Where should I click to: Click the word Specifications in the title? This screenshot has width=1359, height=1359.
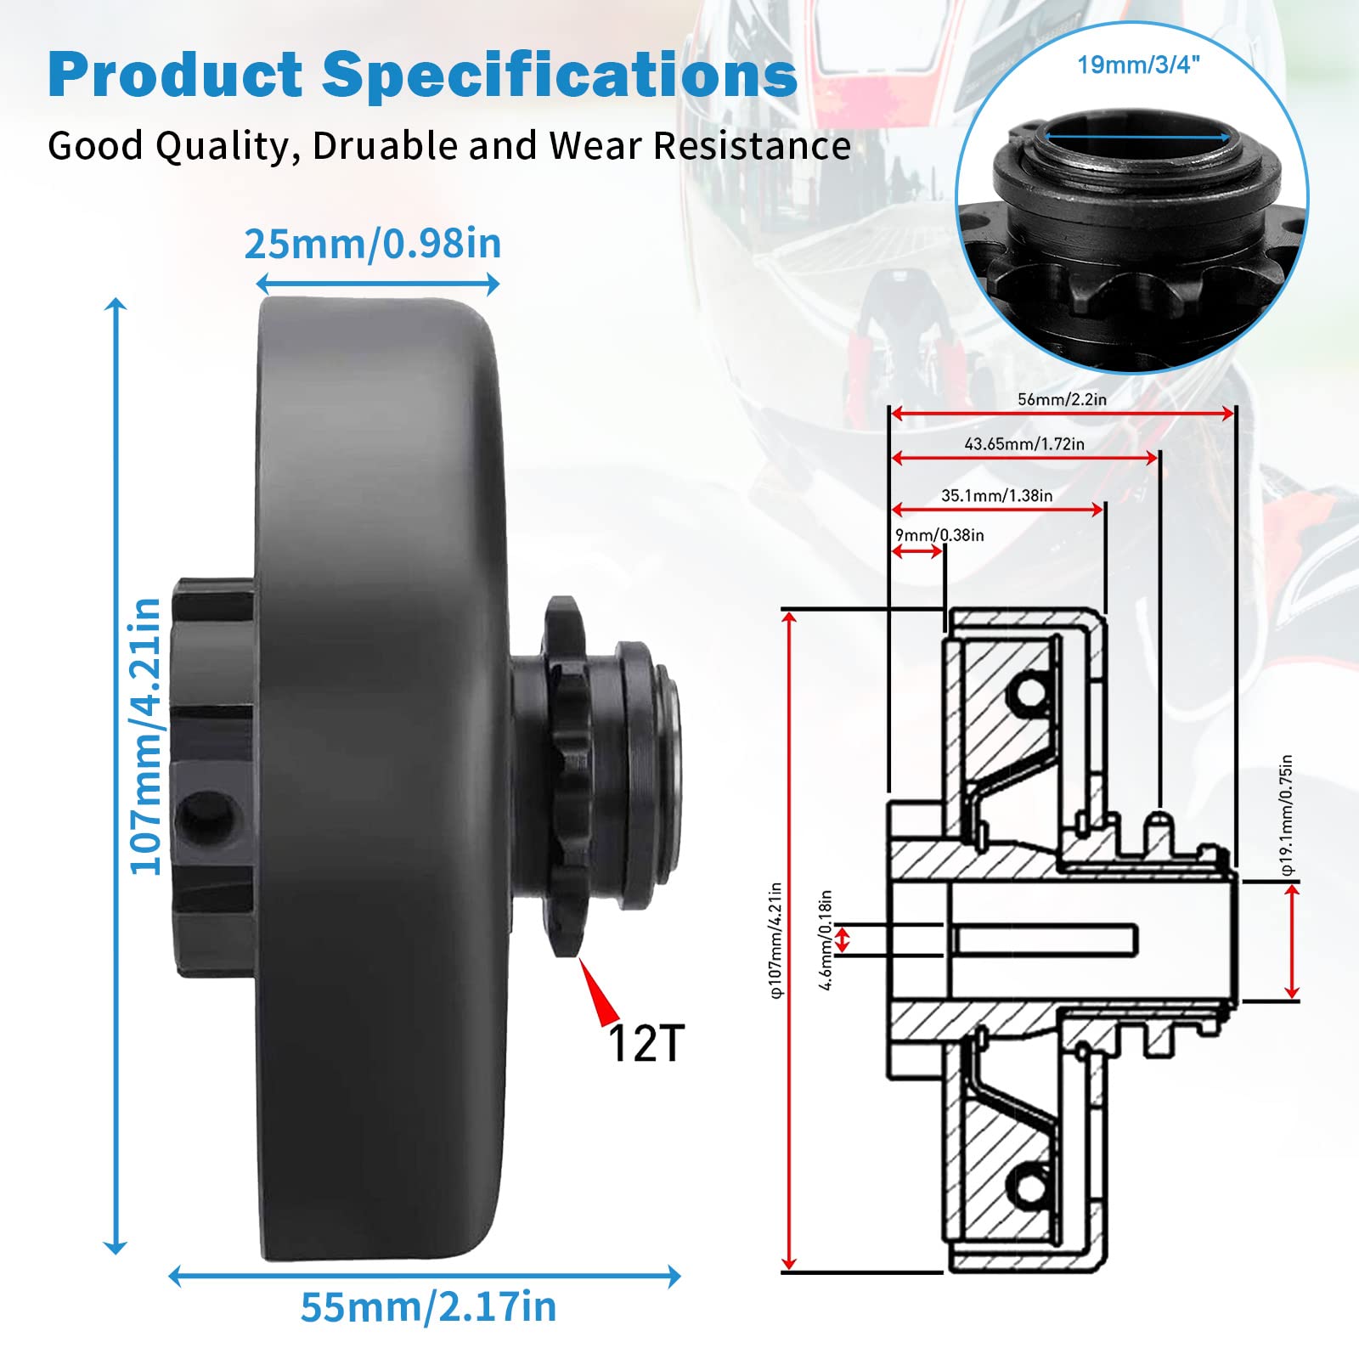coord(559,76)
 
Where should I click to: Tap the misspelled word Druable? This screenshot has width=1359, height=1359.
coord(385,146)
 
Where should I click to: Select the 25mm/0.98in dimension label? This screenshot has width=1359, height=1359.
coord(373,245)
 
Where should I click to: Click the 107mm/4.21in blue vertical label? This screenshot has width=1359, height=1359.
coord(145,736)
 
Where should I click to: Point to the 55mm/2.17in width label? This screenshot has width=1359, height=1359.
coord(428,1306)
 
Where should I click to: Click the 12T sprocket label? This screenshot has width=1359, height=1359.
coord(646,1043)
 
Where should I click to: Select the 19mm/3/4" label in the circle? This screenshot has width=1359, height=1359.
coord(1139,65)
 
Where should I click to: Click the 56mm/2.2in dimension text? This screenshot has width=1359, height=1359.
coord(1062,399)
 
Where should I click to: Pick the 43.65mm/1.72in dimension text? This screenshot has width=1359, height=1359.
coord(1024,443)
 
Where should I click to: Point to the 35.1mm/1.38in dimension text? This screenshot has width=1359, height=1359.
coord(996,495)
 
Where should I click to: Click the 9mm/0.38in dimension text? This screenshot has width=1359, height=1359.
coord(939,535)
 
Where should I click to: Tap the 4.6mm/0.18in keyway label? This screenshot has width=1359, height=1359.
coord(826,939)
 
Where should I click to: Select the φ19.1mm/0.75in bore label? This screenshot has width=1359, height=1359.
coord(1288,815)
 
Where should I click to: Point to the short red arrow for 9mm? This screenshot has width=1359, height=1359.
coord(917,552)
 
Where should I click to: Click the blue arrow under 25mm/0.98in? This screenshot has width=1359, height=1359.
coord(378,284)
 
